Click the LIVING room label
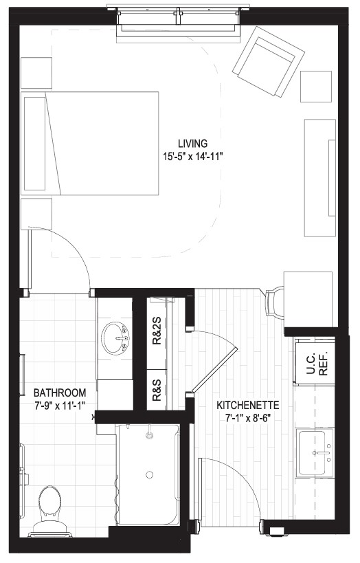(x=193, y=144)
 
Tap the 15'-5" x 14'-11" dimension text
(x=193, y=156)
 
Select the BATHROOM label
(x=60, y=393)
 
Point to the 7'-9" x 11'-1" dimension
(x=60, y=406)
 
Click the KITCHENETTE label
(x=248, y=406)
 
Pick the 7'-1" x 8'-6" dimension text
(x=247, y=418)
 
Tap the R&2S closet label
(x=157, y=331)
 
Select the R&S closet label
(x=157, y=390)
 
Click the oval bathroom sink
(x=115, y=339)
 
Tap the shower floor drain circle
(x=149, y=475)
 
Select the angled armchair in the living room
(x=269, y=61)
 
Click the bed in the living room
(x=90, y=143)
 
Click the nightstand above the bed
(x=36, y=73)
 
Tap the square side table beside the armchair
(x=316, y=87)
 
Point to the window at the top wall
(x=179, y=21)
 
